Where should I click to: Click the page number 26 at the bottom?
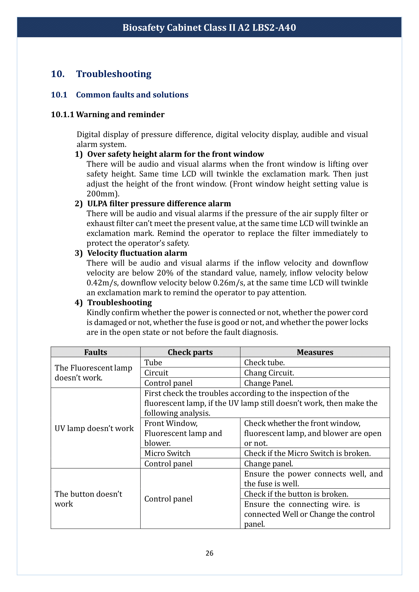[209, 553]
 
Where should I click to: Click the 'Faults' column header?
[96, 352]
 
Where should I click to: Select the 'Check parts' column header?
[190, 352]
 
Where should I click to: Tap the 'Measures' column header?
[315, 352]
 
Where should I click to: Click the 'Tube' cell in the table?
[153, 362]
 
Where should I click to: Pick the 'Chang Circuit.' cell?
[269, 373]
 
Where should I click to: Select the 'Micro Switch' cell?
[167, 453]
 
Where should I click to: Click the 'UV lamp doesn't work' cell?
[94, 428]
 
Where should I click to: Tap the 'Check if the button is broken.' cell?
[296, 494]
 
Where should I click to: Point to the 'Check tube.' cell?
[264, 362]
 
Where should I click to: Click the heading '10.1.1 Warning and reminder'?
[108, 114]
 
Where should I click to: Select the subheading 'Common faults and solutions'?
[132, 95]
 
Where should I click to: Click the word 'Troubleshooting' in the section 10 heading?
[113, 74]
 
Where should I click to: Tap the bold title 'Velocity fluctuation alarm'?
[137, 253]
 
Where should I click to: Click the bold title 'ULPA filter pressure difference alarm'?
[159, 203]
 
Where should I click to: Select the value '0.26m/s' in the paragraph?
[228, 283]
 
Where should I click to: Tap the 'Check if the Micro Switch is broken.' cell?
[307, 453]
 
